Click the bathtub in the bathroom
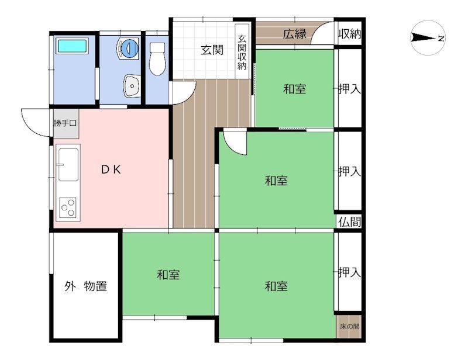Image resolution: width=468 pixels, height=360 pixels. (72, 46)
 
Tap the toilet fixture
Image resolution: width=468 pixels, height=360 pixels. (157, 59)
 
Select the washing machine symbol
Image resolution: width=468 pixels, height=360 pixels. (128, 49)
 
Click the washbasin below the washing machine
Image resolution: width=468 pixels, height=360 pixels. (132, 86)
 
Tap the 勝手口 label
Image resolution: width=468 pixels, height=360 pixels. (66, 123)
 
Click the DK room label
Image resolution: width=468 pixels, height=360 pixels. (111, 169)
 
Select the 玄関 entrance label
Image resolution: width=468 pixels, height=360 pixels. (212, 50)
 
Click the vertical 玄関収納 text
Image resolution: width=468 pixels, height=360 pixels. (242, 53)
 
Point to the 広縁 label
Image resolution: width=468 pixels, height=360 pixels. (295, 34)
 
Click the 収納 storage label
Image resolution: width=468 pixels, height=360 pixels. (349, 34)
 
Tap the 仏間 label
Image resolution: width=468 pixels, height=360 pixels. (350, 222)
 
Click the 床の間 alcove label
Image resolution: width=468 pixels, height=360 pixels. (349, 326)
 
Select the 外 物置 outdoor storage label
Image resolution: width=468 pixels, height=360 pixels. (85, 286)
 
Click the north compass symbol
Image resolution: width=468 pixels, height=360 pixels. (428, 38)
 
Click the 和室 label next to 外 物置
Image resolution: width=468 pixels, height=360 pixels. (168, 275)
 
